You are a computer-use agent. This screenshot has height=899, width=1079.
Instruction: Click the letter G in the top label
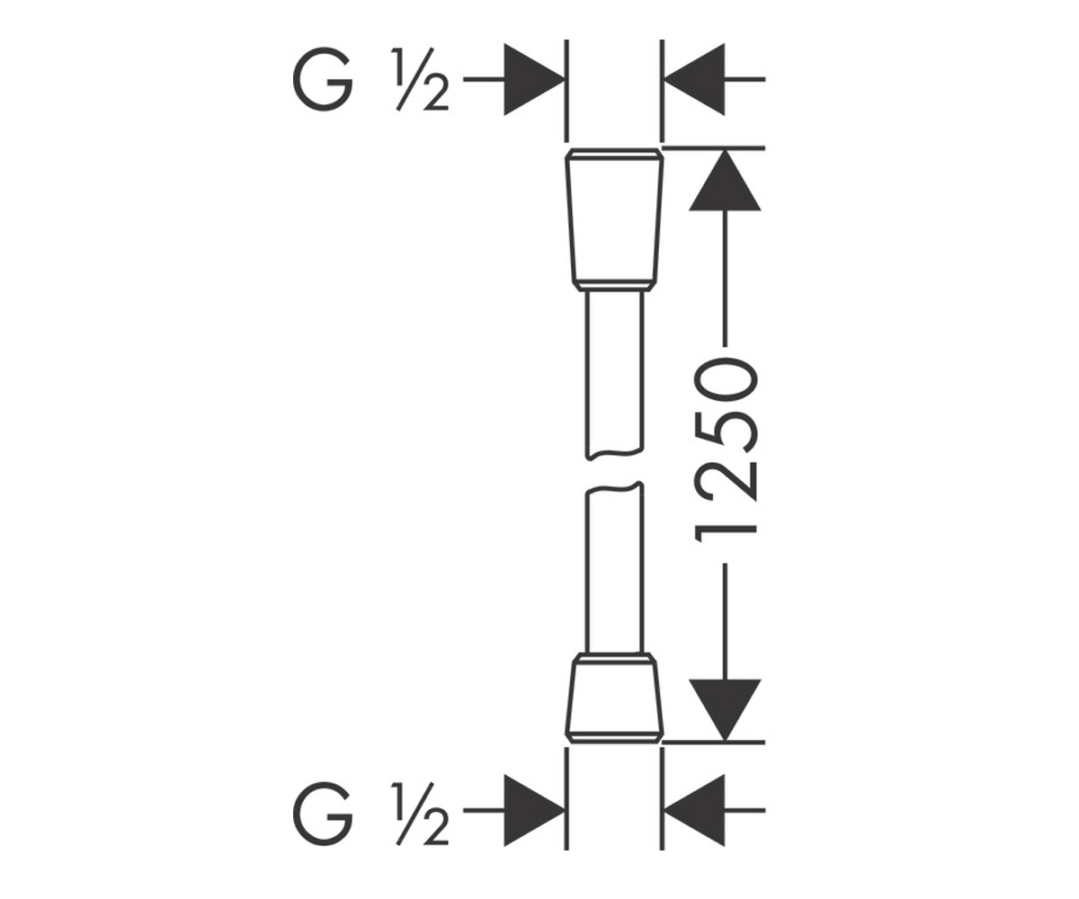pyautogui.click(x=323, y=80)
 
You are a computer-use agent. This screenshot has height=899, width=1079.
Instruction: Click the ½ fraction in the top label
pyautogui.click(x=420, y=79)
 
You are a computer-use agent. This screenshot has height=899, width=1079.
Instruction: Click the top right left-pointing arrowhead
pyautogui.click(x=694, y=80)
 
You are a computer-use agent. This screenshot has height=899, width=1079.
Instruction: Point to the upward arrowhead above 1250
pyautogui.click(x=725, y=180)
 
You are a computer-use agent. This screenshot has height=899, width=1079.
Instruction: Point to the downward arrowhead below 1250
pyautogui.click(x=725, y=710)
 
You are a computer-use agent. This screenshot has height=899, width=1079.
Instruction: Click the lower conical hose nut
pyautogui.click(x=614, y=698)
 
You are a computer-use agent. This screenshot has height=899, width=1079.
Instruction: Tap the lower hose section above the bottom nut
pyautogui.click(x=615, y=568)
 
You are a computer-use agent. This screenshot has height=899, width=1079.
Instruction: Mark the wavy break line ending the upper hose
pyautogui.click(x=615, y=455)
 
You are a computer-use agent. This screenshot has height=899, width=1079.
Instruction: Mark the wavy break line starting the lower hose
pyautogui.click(x=615, y=487)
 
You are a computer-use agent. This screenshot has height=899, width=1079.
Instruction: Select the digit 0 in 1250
pyautogui.click(x=727, y=379)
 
